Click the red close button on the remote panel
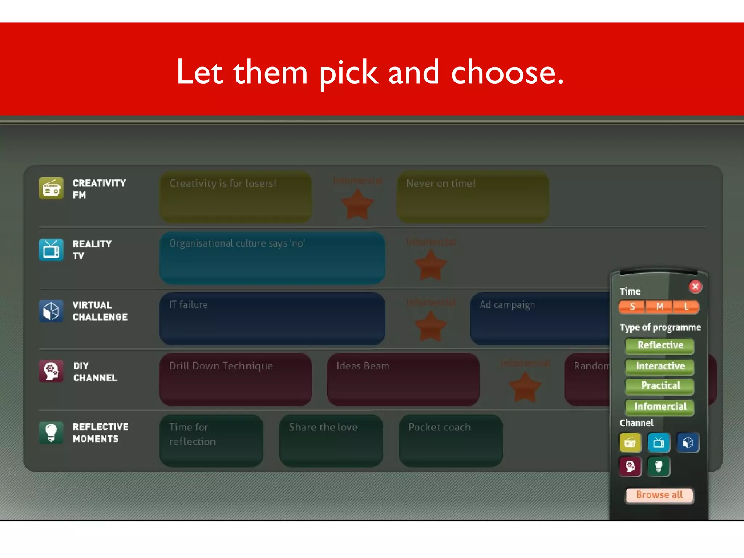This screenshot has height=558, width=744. (695, 287)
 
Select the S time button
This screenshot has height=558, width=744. (632, 307)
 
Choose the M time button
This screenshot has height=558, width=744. (659, 307)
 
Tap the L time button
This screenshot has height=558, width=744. (686, 307)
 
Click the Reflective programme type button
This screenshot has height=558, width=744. (660, 345)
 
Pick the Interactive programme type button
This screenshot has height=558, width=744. (660, 366)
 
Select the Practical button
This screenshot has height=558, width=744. (660, 386)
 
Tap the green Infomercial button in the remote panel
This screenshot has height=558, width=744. (660, 407)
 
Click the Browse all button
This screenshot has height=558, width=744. (659, 495)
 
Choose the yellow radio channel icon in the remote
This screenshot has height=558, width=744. (630, 442)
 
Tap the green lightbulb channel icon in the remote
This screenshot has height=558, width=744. (659, 466)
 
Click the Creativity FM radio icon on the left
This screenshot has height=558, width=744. (51, 189)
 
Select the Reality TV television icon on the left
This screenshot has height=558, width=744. (51, 250)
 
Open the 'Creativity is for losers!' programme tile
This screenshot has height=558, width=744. (235, 197)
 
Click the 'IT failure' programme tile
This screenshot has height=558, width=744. (272, 319)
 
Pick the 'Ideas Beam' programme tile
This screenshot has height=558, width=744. (403, 379)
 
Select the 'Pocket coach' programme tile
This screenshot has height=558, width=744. (450, 440)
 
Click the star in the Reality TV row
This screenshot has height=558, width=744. (430, 266)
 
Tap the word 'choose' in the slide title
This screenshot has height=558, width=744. (507, 73)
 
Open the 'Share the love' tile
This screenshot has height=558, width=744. (331, 440)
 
